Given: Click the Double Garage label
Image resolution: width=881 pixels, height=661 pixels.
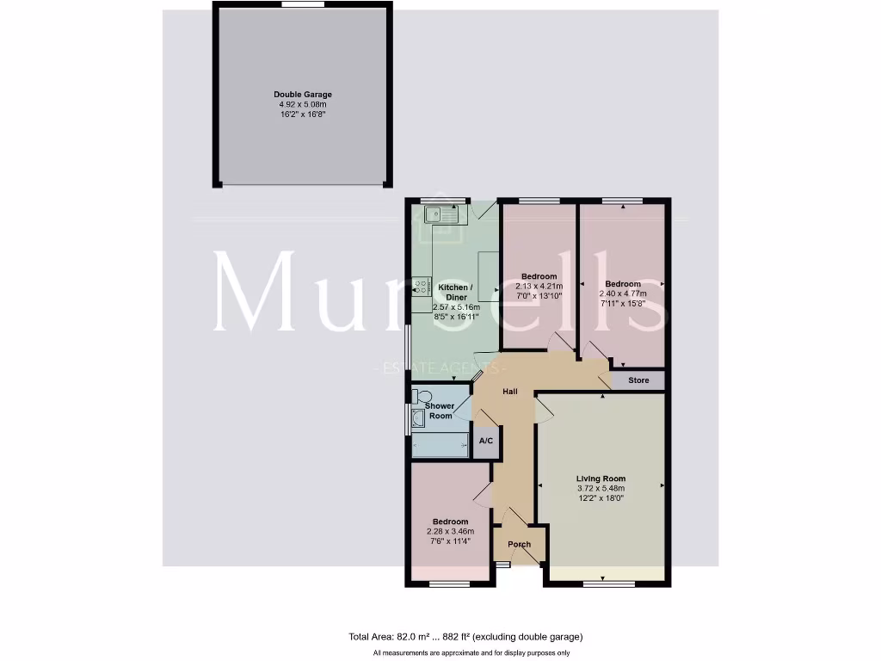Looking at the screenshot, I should click(x=303, y=95).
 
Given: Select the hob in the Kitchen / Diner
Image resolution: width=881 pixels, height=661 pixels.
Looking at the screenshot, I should click(x=421, y=287).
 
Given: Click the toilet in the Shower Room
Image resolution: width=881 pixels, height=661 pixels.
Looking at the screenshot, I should click(x=419, y=397).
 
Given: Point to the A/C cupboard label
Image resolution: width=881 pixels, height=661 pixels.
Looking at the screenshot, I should click(x=486, y=442).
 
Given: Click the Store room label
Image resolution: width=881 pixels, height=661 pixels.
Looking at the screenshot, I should click(x=638, y=380).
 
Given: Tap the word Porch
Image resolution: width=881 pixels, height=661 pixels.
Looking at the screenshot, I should click(x=520, y=544).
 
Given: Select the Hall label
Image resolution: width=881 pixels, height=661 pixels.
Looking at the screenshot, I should click(x=510, y=392).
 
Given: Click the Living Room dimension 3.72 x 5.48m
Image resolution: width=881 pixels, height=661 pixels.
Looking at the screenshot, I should click(x=601, y=488).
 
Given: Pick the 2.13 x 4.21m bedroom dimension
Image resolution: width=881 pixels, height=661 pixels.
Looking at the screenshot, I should click(x=539, y=287).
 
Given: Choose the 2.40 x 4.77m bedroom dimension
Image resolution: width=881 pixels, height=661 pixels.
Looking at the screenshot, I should click(x=623, y=293).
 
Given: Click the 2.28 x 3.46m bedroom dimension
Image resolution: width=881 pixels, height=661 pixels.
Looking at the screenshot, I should click(x=450, y=531).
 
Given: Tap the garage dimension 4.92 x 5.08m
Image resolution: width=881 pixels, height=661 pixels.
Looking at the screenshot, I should click(x=303, y=104).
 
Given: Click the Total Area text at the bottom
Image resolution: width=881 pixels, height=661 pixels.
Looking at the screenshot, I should click(x=465, y=637).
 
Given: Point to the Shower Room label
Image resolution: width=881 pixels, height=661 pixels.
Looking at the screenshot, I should click(x=440, y=411).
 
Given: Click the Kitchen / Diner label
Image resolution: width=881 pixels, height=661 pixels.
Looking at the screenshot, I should click(x=454, y=292).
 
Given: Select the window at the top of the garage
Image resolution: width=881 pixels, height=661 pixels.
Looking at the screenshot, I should click(x=303, y=4).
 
